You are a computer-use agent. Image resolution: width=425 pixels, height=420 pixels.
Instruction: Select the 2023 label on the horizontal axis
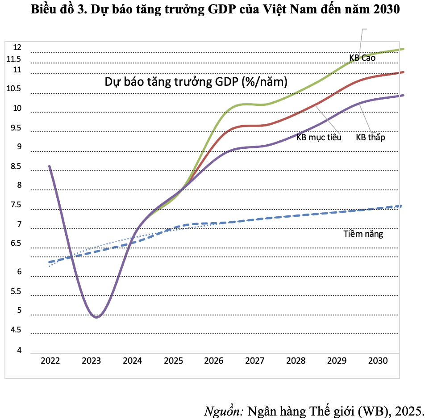tap(91, 361)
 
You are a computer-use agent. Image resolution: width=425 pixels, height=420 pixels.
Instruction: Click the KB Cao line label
tap(362, 58)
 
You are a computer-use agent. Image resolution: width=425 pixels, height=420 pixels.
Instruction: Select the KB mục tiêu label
tap(319, 137)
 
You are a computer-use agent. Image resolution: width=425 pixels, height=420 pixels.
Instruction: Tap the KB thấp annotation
tap(370, 137)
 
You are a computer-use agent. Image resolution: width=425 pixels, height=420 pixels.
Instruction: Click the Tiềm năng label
tap(363, 234)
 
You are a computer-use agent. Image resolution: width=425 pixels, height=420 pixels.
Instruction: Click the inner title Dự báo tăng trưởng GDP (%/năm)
tap(196, 82)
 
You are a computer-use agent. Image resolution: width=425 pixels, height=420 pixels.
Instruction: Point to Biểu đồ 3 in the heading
tap(56, 10)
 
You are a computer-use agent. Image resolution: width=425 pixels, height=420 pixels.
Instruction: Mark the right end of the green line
tap(404, 49)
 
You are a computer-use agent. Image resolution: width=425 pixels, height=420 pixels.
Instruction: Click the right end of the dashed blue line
tap(401, 206)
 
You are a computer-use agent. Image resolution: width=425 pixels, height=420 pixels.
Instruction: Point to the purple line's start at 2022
tap(49, 166)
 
